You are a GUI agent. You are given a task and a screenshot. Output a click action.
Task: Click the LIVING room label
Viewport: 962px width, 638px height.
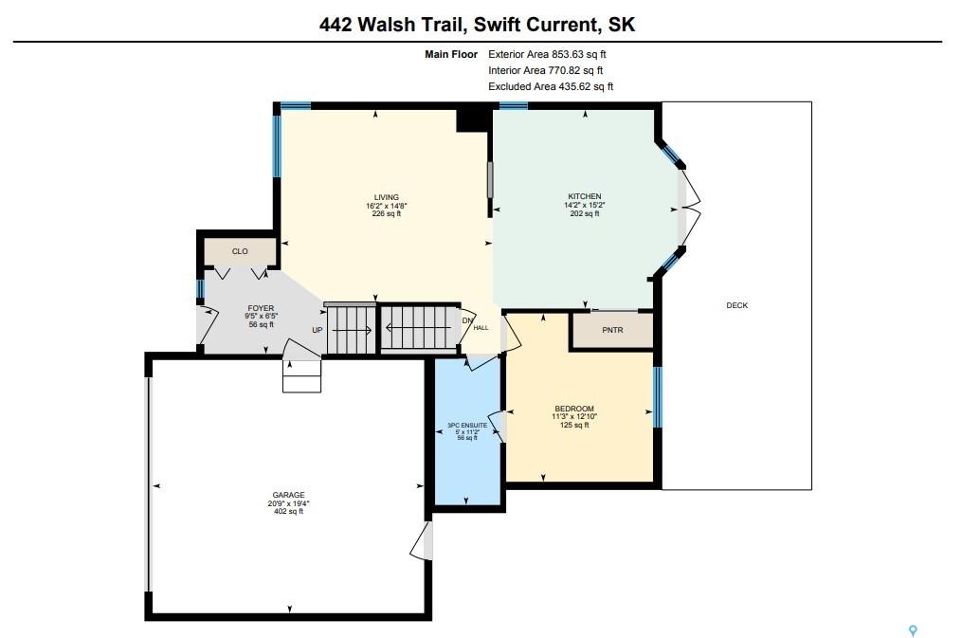coord(387,197)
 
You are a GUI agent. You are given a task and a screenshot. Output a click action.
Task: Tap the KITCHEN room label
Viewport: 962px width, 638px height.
coord(584,196)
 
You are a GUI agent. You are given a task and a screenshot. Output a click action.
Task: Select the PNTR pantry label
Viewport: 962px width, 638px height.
coord(612,330)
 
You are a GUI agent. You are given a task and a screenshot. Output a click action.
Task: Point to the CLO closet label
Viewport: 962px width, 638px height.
coord(240,251)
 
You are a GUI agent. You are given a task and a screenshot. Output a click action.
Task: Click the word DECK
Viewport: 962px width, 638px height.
coord(736,305)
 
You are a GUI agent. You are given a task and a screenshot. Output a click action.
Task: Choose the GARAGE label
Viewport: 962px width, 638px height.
coord(288,495)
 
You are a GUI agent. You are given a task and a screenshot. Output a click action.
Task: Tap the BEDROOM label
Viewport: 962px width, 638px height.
coord(574,409)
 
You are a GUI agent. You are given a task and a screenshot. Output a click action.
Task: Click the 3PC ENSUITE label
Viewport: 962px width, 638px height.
coord(467,425)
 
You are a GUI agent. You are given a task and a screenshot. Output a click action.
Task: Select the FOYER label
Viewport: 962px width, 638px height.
coord(261,308)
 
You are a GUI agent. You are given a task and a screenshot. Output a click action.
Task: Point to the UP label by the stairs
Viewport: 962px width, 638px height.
coord(318,330)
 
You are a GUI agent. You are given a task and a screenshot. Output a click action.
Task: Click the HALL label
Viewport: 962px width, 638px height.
coord(481,328)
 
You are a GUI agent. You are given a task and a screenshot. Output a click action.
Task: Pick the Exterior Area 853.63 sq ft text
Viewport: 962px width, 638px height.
coord(547,54)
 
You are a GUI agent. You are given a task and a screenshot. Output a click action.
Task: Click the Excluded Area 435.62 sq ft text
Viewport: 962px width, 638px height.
coord(551,86)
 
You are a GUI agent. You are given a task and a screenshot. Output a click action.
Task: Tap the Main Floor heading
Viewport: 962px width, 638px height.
coord(451,54)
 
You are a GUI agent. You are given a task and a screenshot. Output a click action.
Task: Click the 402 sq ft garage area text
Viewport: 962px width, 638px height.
coord(288,511)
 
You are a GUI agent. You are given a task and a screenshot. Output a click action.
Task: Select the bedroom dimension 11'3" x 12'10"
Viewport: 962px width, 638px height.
coord(574,416)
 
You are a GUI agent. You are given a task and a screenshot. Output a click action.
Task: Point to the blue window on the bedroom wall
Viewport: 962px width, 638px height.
coord(658,396)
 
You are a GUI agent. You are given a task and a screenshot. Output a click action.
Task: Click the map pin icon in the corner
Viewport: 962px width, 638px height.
coord(913,630)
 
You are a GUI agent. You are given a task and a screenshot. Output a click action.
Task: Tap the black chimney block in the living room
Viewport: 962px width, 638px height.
coord(473,119)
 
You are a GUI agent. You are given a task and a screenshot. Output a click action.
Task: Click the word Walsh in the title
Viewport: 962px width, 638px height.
coord(388,25)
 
